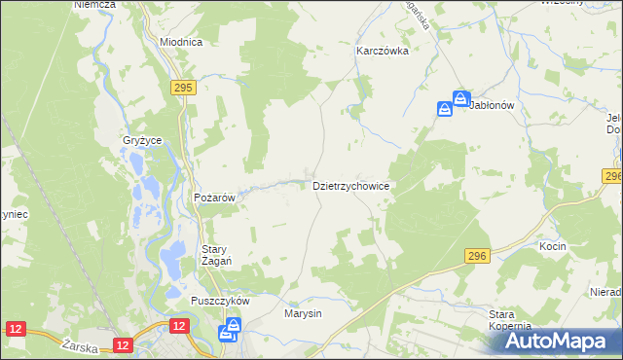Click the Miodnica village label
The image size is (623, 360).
pos(181,43)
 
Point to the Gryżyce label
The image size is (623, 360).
pos(141,140)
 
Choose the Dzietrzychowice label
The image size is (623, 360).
pos(351,185)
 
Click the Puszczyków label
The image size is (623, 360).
pos(221,301)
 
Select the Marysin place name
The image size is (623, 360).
pos(303,314)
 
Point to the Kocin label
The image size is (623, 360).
pos(553,247)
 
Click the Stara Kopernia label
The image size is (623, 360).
pos(509,320)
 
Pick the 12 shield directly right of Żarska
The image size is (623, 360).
pos(122,344)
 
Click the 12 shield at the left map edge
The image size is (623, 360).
pos(15,331)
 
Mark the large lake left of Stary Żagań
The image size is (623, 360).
pos(171,257)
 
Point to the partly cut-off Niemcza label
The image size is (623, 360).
pos(94,5)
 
